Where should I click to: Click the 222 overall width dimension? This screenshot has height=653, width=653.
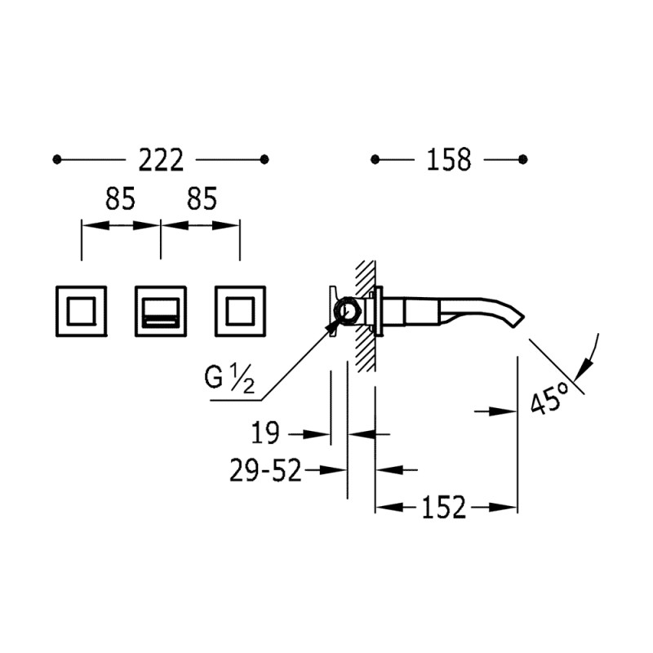pyautogui.click(x=161, y=160)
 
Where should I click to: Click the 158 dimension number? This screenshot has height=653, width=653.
pyautogui.click(x=448, y=159)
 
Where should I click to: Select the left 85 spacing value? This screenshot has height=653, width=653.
pyautogui.click(x=120, y=198)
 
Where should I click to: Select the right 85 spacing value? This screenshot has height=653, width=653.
pyautogui.click(x=202, y=198)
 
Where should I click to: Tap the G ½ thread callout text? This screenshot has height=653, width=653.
pyautogui.click(x=229, y=377)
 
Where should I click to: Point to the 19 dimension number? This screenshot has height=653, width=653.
pyautogui.click(x=265, y=433)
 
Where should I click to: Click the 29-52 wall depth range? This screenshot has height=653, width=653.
pyautogui.click(x=265, y=471)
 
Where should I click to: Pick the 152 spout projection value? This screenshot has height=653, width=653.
pyautogui.click(x=444, y=507)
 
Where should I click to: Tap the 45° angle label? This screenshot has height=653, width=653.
pyautogui.click(x=549, y=399)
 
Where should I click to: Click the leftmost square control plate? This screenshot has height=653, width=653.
pyautogui.click(x=81, y=311)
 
